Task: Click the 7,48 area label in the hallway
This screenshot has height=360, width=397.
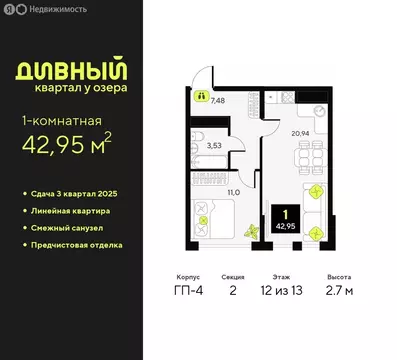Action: tap(218, 100)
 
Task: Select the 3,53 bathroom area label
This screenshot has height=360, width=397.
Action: tap(213, 145)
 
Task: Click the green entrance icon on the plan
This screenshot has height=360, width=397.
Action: tap(201, 98)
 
